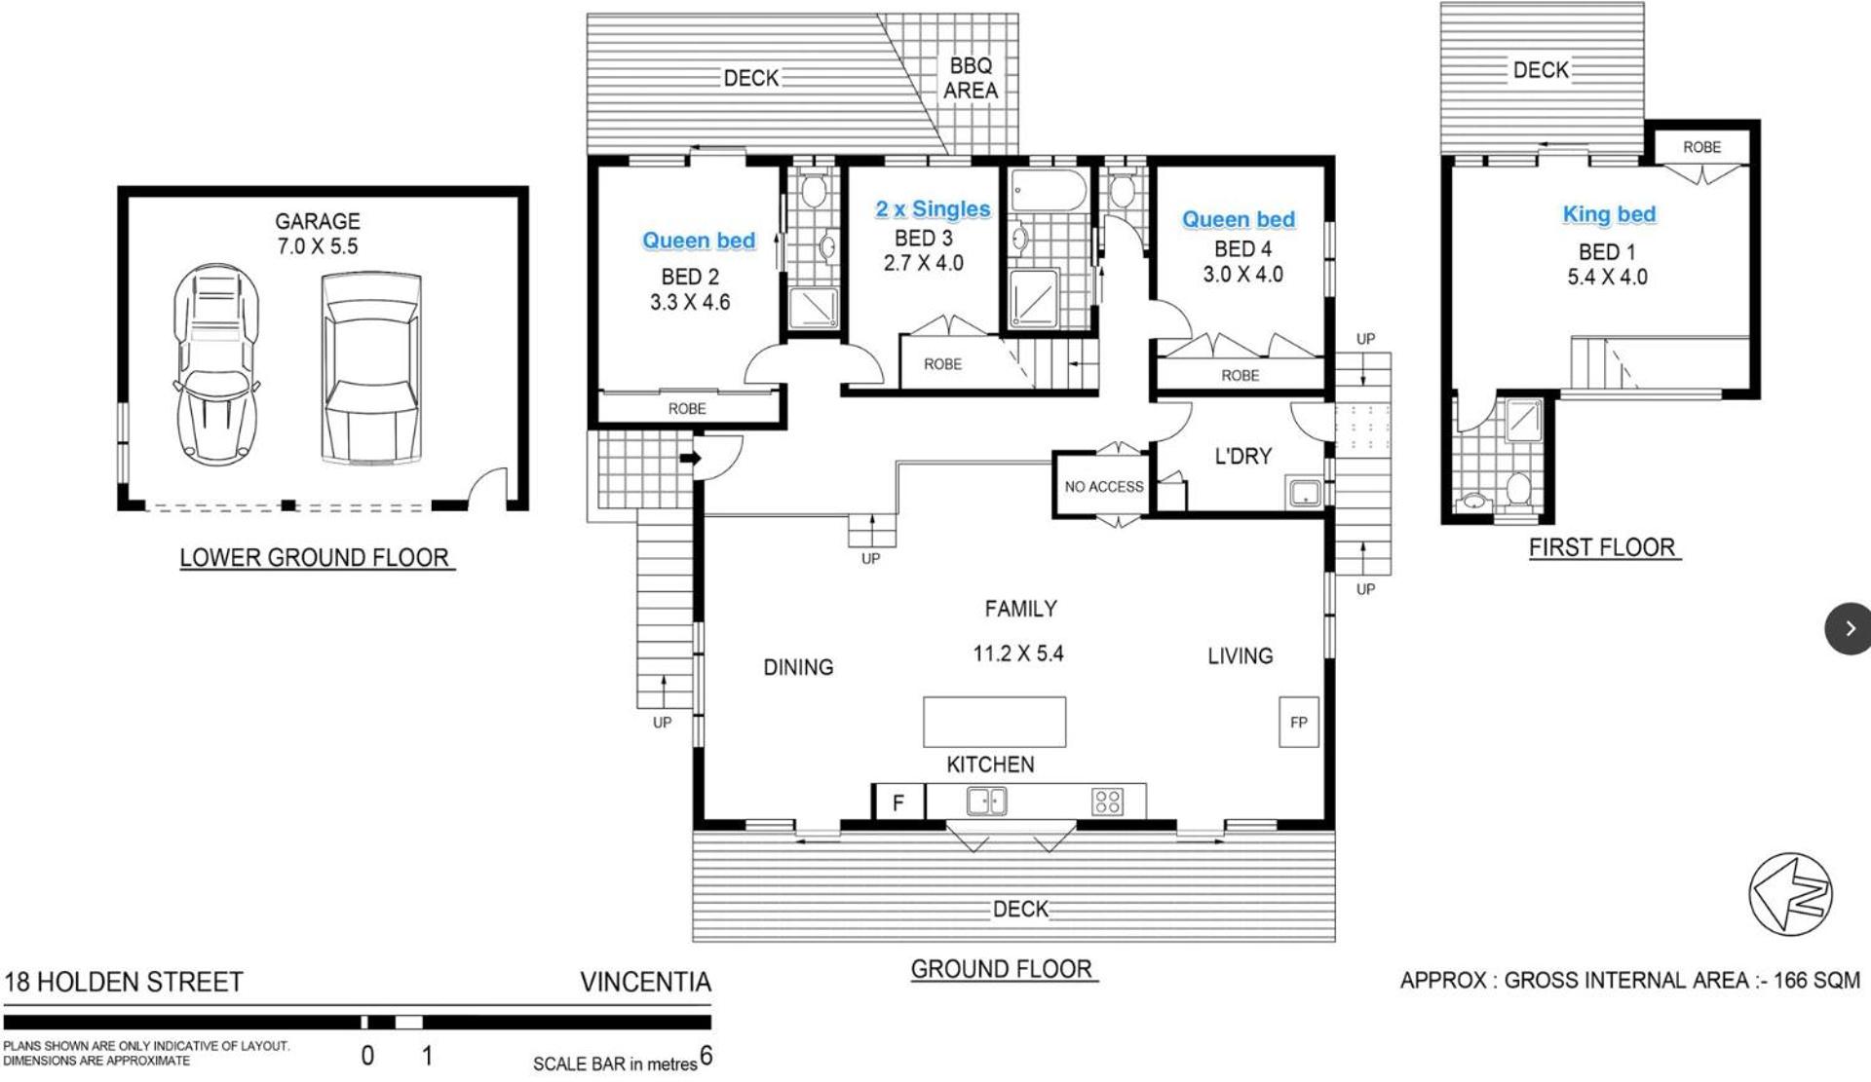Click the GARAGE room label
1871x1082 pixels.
(x=318, y=221)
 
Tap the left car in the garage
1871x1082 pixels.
(x=216, y=363)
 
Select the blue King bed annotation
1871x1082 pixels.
(x=1609, y=214)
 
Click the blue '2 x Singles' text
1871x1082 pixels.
(x=933, y=208)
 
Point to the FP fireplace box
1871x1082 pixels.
(x=1298, y=723)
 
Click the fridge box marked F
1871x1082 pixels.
(x=898, y=802)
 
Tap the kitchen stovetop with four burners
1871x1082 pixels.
(x=1108, y=802)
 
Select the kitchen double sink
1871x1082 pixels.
(x=986, y=802)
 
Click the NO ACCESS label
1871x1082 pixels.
(x=1104, y=487)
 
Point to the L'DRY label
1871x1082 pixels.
(x=1242, y=456)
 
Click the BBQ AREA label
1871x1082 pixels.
(x=971, y=78)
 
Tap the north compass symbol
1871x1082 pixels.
(x=1791, y=894)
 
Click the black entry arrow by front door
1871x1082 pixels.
(x=690, y=458)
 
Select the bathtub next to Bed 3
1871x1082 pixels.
(x=1049, y=192)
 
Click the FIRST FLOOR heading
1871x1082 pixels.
(x=1602, y=547)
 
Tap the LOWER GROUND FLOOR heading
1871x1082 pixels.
(x=314, y=558)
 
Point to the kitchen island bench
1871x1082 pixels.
(x=994, y=722)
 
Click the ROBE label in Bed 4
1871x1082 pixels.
(x=1240, y=376)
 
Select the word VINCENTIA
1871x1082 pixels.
(x=645, y=982)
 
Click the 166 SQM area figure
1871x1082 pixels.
(x=1816, y=980)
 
